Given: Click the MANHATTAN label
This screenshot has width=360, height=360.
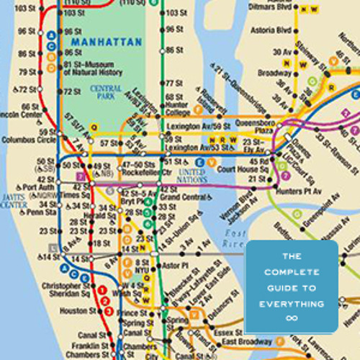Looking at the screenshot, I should [x=106, y=42].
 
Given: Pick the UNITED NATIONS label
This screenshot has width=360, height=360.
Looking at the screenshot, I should [x=192, y=176].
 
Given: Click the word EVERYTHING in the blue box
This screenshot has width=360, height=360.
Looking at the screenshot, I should [x=292, y=304].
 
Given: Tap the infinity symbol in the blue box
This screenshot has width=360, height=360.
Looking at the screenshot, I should [x=292, y=317].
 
